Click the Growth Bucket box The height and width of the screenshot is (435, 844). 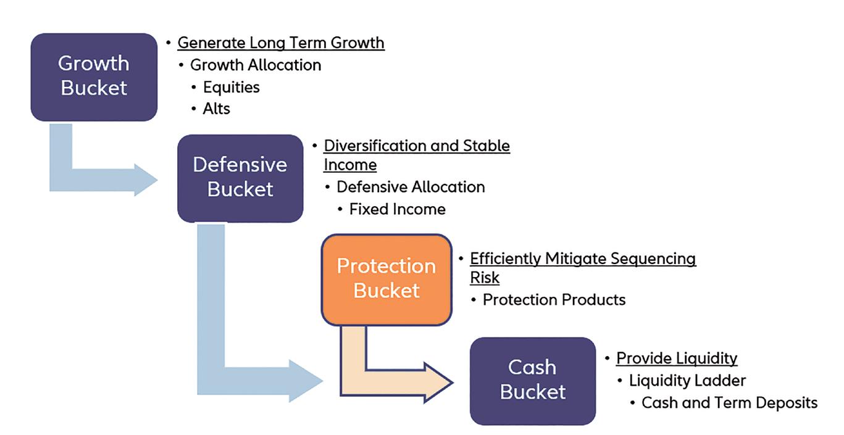pyautogui.click(x=94, y=76)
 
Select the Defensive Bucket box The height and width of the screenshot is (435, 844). pyautogui.click(x=240, y=177)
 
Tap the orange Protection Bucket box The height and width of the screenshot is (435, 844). pyautogui.click(x=386, y=279)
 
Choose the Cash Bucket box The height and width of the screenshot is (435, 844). pyautogui.click(x=532, y=380)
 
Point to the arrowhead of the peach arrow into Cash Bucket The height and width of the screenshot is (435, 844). pyautogui.click(x=439, y=383)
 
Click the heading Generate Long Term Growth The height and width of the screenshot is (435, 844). pyautogui.click(x=281, y=43)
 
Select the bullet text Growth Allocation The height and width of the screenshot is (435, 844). pyautogui.click(x=256, y=65)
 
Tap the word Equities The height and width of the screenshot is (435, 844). pyautogui.click(x=231, y=87)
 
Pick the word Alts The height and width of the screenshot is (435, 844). pyautogui.click(x=216, y=109)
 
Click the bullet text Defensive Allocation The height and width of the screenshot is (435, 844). pyautogui.click(x=411, y=186)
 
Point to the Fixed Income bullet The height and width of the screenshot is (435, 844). pyautogui.click(x=397, y=209)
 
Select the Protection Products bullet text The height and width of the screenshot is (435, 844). pyautogui.click(x=554, y=300)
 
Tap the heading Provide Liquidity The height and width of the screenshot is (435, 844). pyautogui.click(x=677, y=358)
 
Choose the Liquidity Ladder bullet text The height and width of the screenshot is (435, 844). pyautogui.click(x=687, y=381)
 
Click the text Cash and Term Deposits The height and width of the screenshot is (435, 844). pyautogui.click(x=729, y=403)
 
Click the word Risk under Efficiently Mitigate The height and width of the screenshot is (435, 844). pyautogui.click(x=485, y=278)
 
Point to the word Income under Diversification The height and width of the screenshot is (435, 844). pyautogui.click(x=350, y=165)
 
